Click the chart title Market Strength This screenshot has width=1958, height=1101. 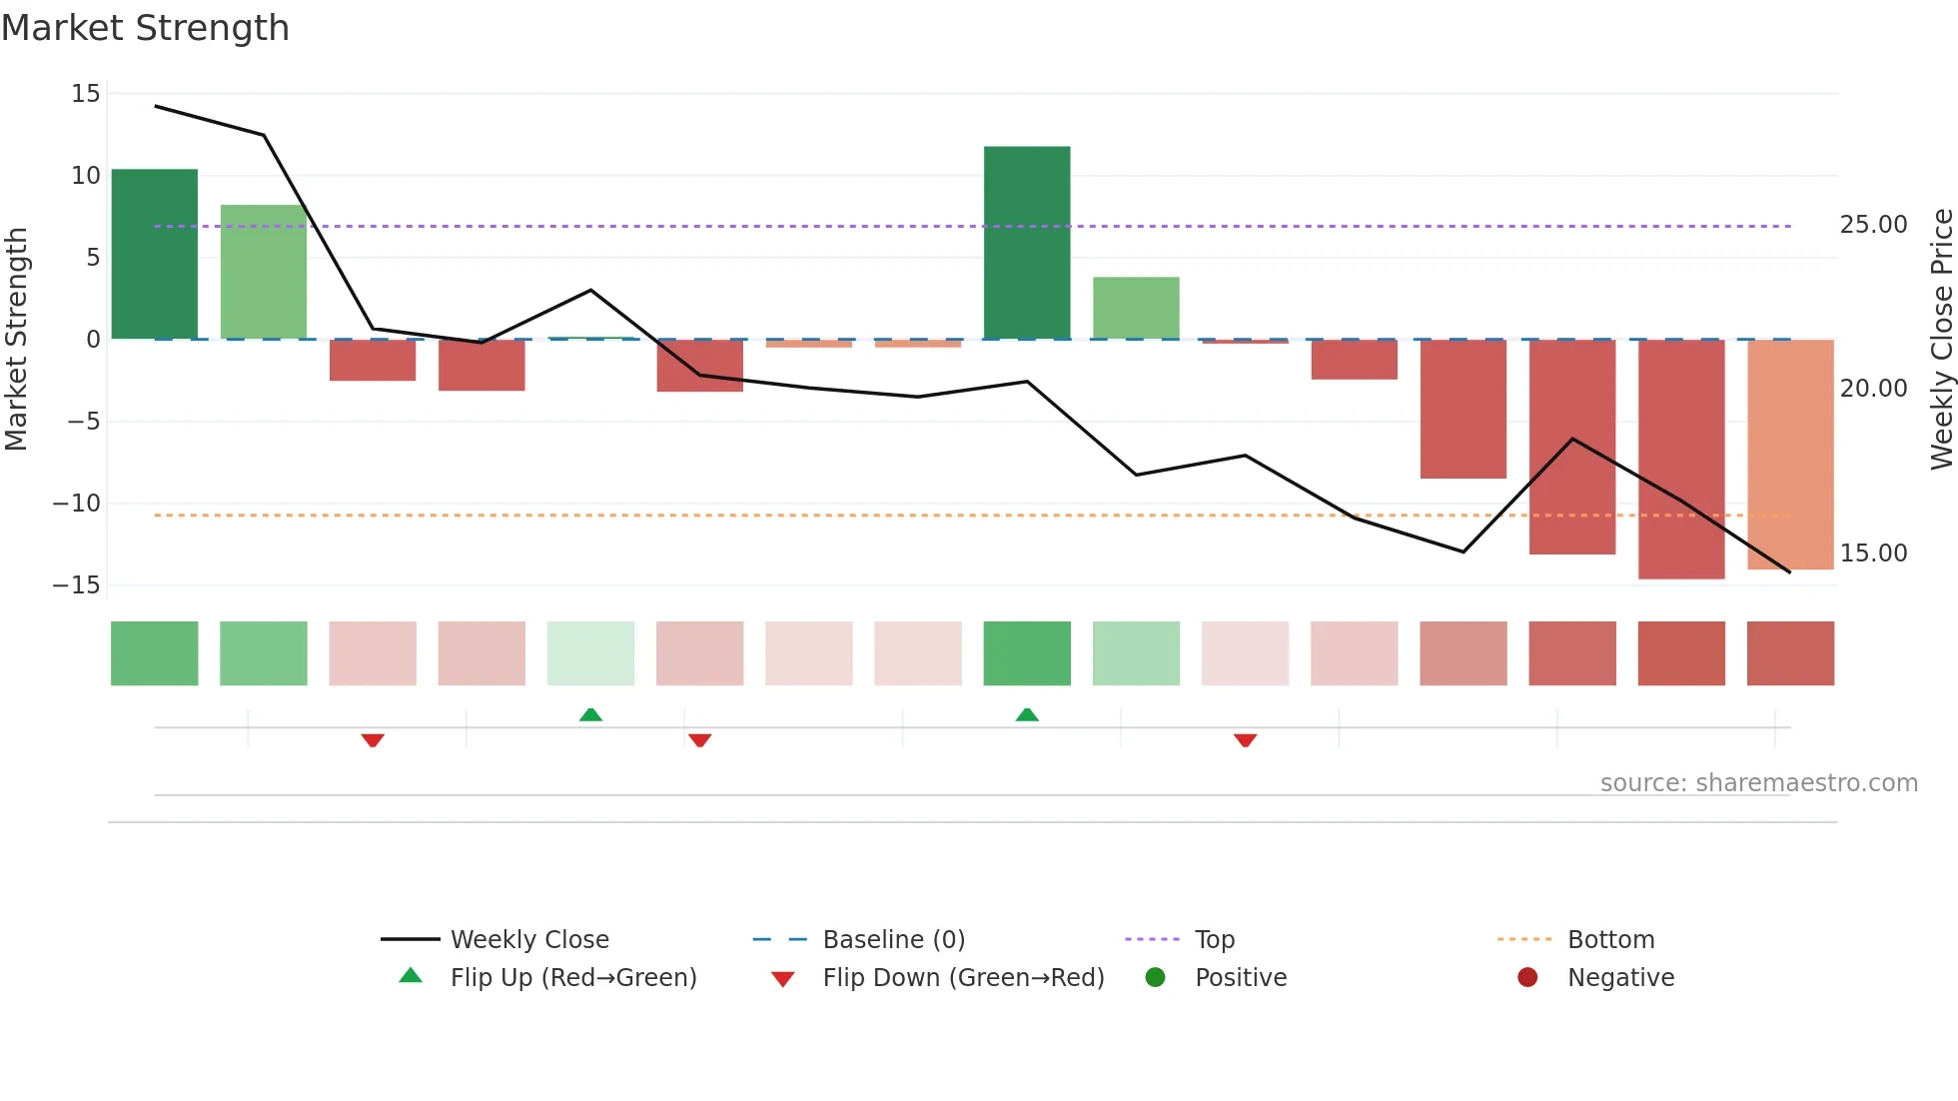pyautogui.click(x=145, y=28)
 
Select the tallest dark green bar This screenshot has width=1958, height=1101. pyautogui.click(x=1027, y=243)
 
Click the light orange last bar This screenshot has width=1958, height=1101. pyautogui.click(x=1790, y=455)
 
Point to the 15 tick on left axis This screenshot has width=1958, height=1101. pyautogui.click(x=86, y=94)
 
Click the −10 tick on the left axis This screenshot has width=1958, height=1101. pyautogui.click(x=77, y=504)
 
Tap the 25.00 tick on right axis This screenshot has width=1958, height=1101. pyautogui.click(x=1873, y=225)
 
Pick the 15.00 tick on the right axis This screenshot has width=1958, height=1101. pyautogui.click(x=1873, y=553)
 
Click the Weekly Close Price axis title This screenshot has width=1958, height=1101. pyautogui.click(x=1941, y=340)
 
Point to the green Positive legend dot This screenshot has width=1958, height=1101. pyautogui.click(x=1156, y=978)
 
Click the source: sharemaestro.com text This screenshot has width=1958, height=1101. pyautogui.click(x=1758, y=783)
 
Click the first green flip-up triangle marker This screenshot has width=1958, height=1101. pyautogui.click(x=590, y=714)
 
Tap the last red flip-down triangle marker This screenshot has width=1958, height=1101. pyautogui.click(x=1245, y=740)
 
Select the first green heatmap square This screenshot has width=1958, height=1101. pyautogui.click(x=154, y=653)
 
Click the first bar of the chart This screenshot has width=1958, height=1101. pyautogui.click(x=154, y=254)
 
